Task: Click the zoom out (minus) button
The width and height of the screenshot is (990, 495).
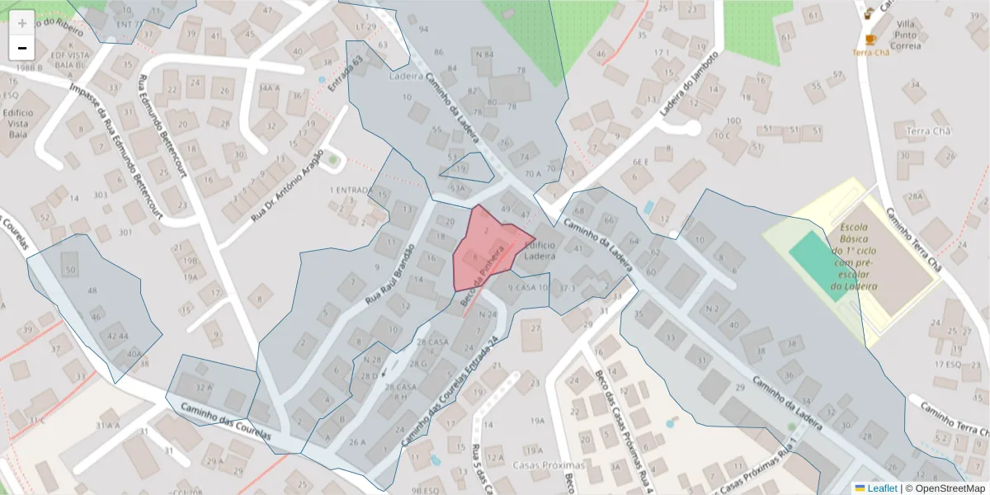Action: tap(22, 48)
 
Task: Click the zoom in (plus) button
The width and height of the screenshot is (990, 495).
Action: tap(22, 23)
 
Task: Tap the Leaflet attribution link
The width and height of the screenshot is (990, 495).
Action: tap(879, 488)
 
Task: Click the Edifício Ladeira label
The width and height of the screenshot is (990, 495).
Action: tap(540, 250)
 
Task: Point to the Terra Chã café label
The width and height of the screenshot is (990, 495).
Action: tap(871, 52)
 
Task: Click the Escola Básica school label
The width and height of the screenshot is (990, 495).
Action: tap(855, 256)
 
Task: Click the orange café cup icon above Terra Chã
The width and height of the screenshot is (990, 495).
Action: tap(870, 39)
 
